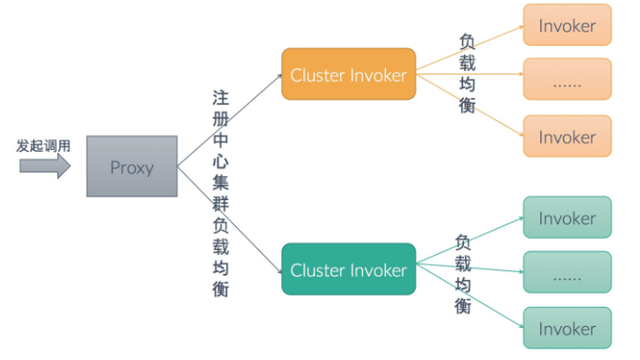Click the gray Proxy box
click(x=132, y=167)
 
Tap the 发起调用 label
click(x=43, y=145)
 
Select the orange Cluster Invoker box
click(x=348, y=74)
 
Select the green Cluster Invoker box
click(x=348, y=268)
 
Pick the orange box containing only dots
click(x=566, y=80)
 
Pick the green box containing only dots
click(x=566, y=273)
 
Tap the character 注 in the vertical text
click(x=220, y=96)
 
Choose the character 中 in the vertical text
click(x=220, y=140)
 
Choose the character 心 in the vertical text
click(x=220, y=162)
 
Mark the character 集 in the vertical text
click(x=220, y=183)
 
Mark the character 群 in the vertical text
click(x=220, y=205)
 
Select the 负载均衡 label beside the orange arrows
click(x=468, y=73)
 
